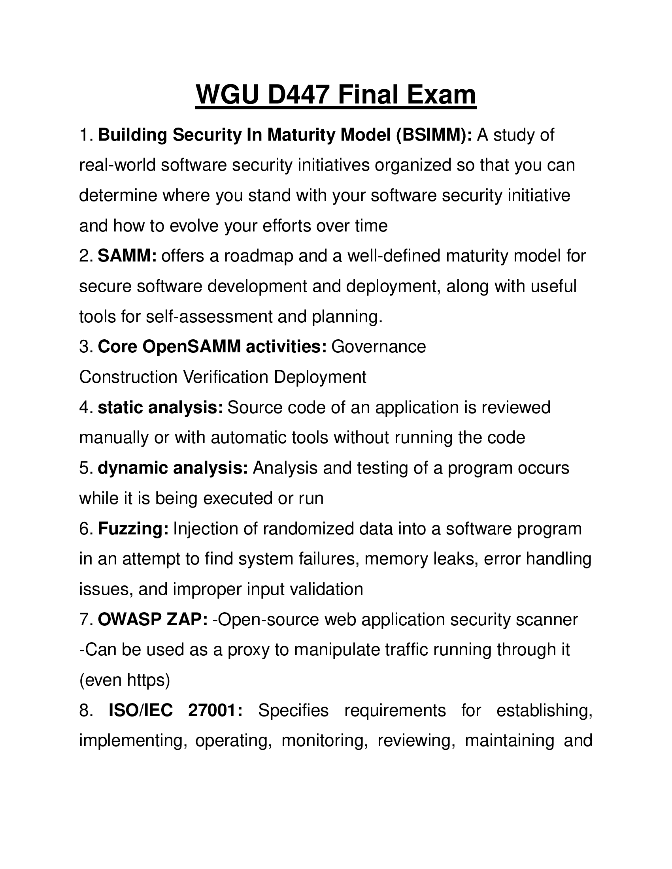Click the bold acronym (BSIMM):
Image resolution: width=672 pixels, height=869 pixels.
(434, 135)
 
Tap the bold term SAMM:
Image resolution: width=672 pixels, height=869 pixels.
(127, 256)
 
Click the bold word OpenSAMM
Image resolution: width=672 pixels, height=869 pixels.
(191, 346)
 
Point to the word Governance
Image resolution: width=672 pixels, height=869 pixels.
(379, 346)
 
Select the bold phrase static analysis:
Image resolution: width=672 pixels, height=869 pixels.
(160, 408)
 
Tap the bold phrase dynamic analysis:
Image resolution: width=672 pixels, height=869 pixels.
(173, 468)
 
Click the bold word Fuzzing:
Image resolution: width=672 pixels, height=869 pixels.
(133, 529)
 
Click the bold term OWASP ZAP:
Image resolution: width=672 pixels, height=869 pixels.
(153, 619)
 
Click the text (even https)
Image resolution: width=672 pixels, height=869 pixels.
(125, 680)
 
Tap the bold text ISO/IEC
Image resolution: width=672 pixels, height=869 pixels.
(141, 710)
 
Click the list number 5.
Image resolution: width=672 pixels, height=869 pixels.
(85, 468)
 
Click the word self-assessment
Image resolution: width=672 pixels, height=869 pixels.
(210, 317)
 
